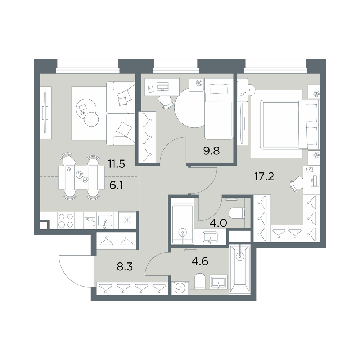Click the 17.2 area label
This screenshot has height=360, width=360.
264,176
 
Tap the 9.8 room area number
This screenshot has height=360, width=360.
211,151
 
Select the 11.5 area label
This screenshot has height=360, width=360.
116,164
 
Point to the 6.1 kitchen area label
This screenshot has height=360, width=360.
116,185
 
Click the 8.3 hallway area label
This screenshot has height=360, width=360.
125,267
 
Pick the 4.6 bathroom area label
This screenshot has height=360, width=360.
200,261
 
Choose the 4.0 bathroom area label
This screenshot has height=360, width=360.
219,223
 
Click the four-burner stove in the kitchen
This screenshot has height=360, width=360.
66,220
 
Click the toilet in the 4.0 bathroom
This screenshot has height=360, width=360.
237,213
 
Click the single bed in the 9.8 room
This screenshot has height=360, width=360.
219,109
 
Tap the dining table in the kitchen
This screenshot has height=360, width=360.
81,177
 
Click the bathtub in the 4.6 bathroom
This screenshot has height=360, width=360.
240,269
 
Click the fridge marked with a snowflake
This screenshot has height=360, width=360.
127,220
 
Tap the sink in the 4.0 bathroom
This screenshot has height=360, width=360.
210,237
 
